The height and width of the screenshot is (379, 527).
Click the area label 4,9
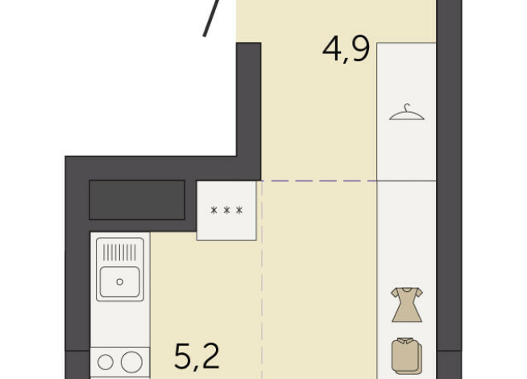coord(346,49)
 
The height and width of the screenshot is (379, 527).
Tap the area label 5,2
coord(197,355)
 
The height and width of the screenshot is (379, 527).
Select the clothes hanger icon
coord(407,112)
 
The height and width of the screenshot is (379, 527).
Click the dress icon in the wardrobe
coord(407,304)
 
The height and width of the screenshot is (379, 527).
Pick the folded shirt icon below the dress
coord(407,354)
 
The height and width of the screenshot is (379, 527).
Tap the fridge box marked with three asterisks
coord(226,210)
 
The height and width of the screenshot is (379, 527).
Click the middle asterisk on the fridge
coord(226,211)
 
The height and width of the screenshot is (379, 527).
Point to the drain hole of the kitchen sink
coord(119,281)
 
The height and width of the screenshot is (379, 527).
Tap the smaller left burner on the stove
coord(107,361)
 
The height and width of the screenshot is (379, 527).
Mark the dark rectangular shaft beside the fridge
coord(137,199)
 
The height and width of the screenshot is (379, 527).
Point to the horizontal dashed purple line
coord(322,181)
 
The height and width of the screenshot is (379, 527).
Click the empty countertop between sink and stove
coord(120,327)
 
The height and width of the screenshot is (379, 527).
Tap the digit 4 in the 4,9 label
coord(332,49)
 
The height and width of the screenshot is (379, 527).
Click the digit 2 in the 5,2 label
coord(210,355)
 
